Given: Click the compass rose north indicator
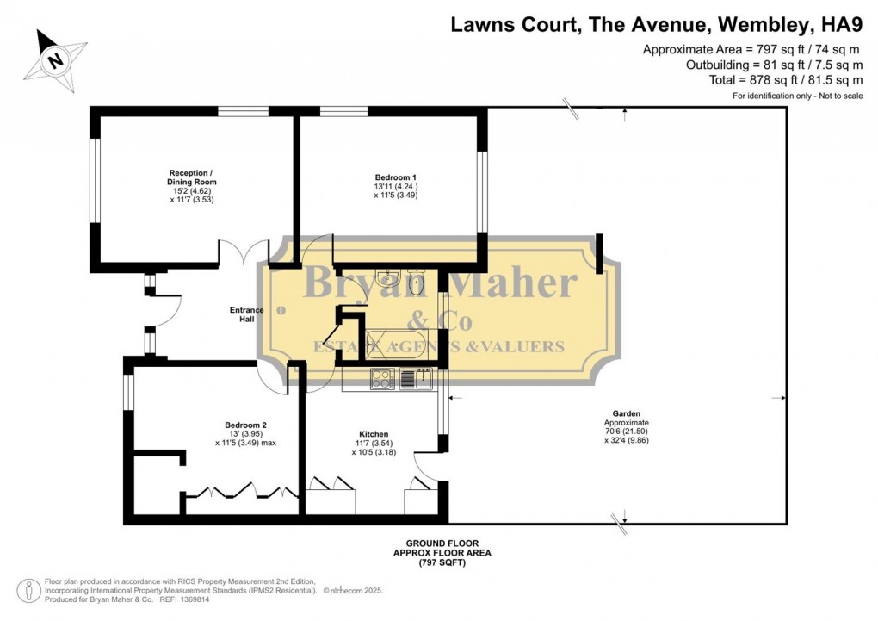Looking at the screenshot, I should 56,59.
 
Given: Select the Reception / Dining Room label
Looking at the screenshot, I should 192,177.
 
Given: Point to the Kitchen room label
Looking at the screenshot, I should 374,433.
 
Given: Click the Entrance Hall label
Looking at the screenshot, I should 246,314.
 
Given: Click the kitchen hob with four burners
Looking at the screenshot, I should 382,379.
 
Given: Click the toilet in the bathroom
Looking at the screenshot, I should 417,282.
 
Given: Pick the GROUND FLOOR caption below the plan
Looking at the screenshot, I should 442,543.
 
